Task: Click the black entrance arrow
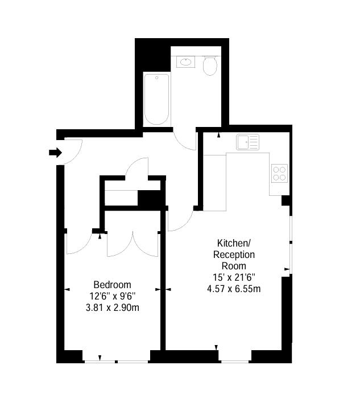(x=55, y=153)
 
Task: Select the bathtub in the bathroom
(x=156, y=99)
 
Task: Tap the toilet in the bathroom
(x=210, y=65)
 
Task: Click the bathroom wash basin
(x=186, y=61)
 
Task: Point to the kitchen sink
(x=247, y=142)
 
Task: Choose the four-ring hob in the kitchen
(x=279, y=173)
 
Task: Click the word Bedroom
(x=112, y=285)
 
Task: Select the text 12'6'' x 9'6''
(x=112, y=296)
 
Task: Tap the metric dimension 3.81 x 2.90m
(x=112, y=308)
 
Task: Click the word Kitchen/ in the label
(x=234, y=243)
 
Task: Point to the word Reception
(x=234, y=255)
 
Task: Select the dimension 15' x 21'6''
(x=234, y=277)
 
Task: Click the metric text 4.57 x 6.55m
(x=234, y=289)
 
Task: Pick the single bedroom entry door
(x=78, y=243)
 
